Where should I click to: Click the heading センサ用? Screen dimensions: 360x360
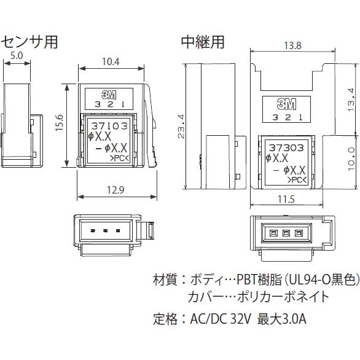coord(29,42)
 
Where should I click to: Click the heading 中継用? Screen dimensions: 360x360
coord(203,42)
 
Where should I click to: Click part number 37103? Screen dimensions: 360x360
coord(108,125)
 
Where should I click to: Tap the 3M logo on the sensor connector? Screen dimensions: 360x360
coord(111,95)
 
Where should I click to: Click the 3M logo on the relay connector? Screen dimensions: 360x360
coord(286,103)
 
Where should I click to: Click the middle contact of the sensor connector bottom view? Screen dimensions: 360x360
coord(106,231)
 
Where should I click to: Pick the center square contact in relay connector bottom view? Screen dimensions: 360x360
coord(286,233)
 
